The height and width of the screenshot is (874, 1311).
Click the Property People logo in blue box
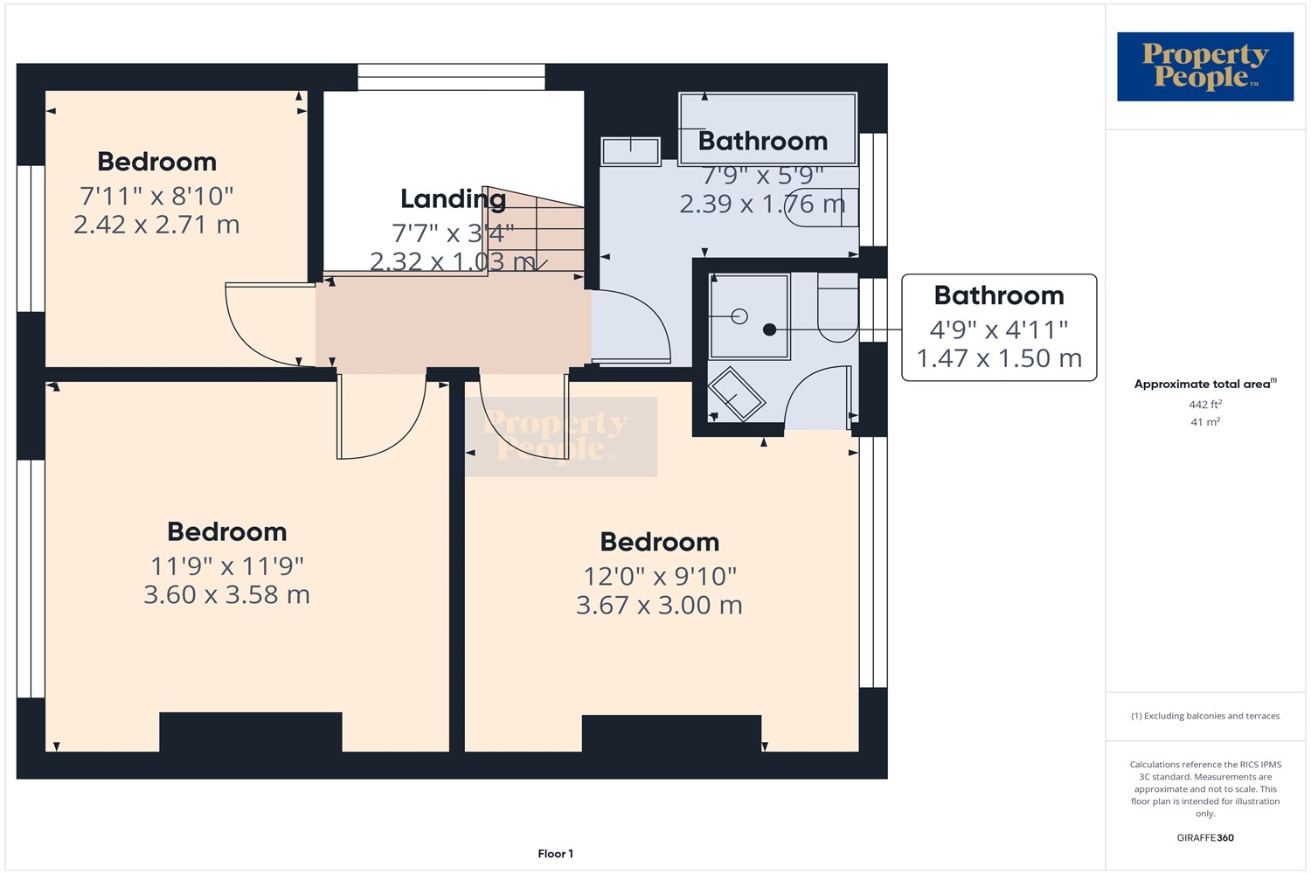[x=1204, y=66]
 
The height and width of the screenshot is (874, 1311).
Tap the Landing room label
[x=453, y=199]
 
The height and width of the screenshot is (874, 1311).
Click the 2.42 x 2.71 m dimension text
[x=156, y=225]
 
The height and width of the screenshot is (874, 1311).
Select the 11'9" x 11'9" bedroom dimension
[x=226, y=566]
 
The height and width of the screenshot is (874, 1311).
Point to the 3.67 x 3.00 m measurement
[x=659, y=605]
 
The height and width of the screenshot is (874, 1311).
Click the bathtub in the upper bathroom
[x=767, y=128]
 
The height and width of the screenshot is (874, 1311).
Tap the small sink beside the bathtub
[x=630, y=150]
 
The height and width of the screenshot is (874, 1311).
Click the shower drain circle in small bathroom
[x=739, y=316]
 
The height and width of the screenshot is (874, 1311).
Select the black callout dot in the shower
[x=769, y=329]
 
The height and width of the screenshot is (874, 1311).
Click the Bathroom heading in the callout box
[x=999, y=295]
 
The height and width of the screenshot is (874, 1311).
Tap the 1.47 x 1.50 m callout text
[x=999, y=358]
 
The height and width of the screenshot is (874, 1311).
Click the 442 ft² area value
[x=1204, y=405]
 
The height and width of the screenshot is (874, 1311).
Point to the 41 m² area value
[x=1204, y=422]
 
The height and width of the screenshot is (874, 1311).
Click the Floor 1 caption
[x=555, y=854]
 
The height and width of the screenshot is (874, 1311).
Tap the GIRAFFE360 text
[x=1204, y=837]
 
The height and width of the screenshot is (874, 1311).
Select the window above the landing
[x=451, y=77]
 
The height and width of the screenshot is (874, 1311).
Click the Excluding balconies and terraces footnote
[x=1204, y=716]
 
